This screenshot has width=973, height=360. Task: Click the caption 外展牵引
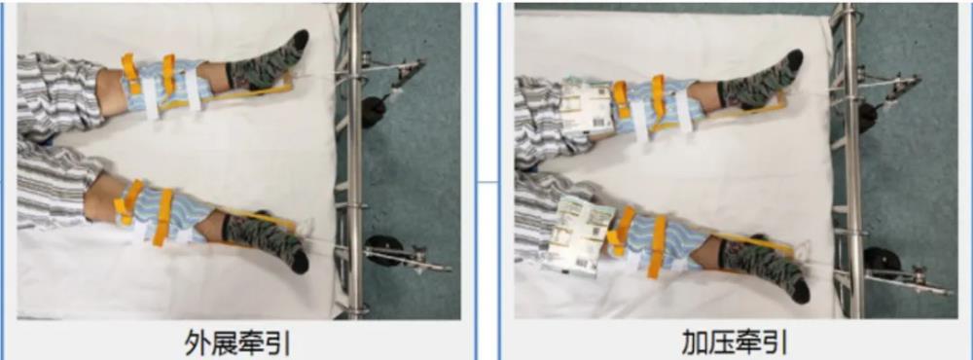237,342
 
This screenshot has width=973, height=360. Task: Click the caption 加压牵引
736,342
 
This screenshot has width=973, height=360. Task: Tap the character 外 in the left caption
198,342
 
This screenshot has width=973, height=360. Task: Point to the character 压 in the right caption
722,342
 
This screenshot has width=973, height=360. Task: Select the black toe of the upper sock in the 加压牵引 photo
795,59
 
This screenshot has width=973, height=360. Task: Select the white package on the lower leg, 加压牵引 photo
576,234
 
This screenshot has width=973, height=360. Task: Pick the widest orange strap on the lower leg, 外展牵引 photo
164,217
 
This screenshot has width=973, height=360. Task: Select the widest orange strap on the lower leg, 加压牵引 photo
657,246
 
